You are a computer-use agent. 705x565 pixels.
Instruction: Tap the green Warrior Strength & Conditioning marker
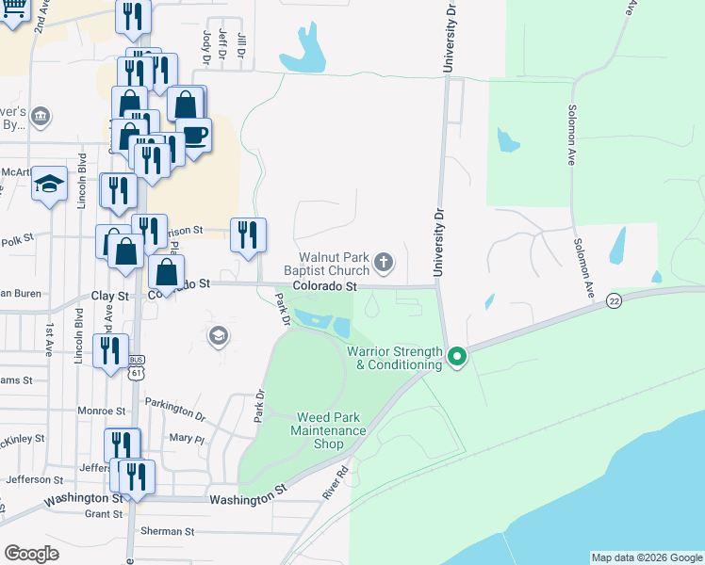[457, 356]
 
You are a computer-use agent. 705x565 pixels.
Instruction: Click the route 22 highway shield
[615, 300]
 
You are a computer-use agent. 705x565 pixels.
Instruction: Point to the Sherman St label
[167, 531]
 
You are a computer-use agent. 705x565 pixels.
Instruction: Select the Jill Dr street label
[241, 45]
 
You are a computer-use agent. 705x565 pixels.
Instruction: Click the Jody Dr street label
[205, 43]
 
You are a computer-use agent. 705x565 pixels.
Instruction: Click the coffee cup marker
[194, 135]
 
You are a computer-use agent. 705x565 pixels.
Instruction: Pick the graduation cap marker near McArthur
[49, 184]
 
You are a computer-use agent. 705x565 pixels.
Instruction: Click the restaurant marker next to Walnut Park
[248, 234]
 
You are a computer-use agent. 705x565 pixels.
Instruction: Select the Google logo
[32, 553]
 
